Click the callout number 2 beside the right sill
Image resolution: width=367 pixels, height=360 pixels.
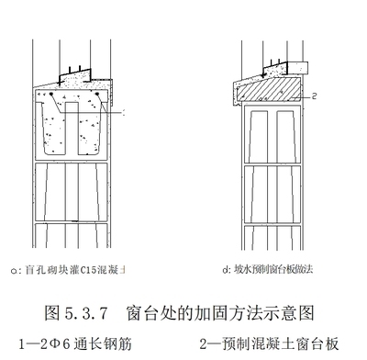pos(313,95)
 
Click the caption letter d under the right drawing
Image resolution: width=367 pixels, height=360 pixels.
pos(225,269)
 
